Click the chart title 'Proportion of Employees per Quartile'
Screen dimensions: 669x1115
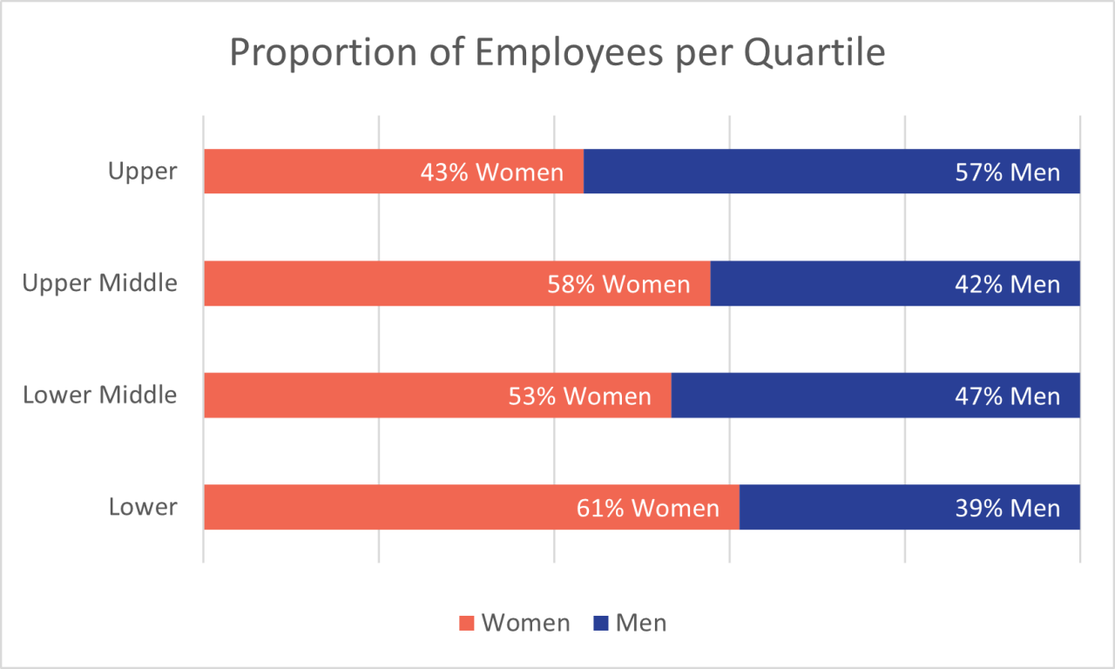[x=557, y=53]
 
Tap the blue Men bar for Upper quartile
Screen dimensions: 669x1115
[x=784, y=171]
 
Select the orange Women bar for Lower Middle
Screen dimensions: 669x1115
[x=348, y=395]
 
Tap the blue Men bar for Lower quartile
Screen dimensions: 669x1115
[x=854, y=507]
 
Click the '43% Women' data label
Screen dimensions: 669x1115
[x=492, y=172]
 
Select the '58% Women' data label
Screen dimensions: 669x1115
[x=618, y=284]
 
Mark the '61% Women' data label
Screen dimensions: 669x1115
[x=648, y=508]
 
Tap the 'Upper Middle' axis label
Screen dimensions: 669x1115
[x=99, y=283]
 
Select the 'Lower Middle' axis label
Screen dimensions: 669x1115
[x=99, y=395]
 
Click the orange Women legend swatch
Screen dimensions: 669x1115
[x=467, y=624]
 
